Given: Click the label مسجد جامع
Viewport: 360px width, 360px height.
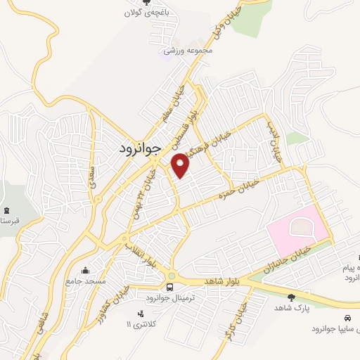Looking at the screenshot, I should (86, 281).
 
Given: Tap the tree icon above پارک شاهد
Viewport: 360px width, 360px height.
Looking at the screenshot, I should (292, 297).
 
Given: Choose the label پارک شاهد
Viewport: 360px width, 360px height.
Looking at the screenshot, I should (292, 308).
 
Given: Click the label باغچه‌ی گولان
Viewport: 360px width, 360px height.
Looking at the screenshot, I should (146, 13).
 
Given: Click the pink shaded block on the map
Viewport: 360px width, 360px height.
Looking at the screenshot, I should (297, 231).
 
